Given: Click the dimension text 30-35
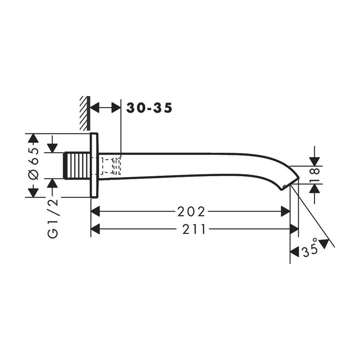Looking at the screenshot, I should [x=150, y=108].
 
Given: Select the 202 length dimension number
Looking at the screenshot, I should [x=191, y=211].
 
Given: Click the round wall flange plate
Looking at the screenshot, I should [x=94, y=165].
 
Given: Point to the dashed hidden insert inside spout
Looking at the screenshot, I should [x=111, y=166].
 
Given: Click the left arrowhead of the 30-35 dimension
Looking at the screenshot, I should [x=95, y=108].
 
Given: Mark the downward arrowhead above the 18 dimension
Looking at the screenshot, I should [x=315, y=161].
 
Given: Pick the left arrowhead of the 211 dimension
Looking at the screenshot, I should [x=95, y=229].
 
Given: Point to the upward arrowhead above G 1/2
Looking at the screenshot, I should [x=53, y=183].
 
